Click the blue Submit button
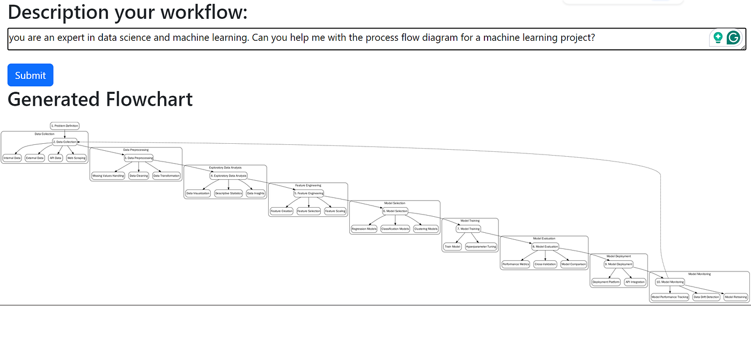pos(30,75)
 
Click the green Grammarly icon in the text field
pos(733,38)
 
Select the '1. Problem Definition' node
pos(65,126)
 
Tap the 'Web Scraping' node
pos(76,158)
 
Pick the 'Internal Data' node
pos(12,158)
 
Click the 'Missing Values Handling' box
pos(108,175)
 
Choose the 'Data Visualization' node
pos(198,193)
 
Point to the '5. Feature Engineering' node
pos(309,193)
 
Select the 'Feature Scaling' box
pos(335,211)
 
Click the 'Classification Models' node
pos(395,229)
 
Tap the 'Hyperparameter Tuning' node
pos(481,246)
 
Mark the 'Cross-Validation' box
pos(546,264)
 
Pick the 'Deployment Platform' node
pos(606,282)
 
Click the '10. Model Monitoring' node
pos(670,282)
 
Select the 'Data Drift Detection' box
pos(706,297)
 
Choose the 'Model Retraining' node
pos(735,297)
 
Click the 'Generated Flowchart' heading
pos(100,99)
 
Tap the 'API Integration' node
pos(635,282)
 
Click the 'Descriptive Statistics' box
pos(229,193)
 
